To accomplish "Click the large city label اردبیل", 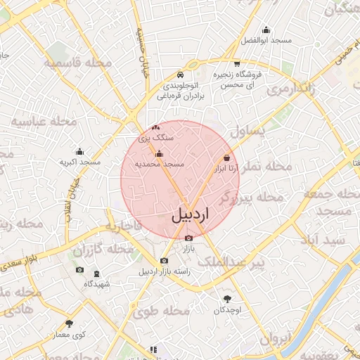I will click(x=190, y=215).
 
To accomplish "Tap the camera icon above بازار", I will click(x=188, y=238).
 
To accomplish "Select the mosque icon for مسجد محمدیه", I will click(x=159, y=153).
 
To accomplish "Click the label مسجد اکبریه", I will click(x=79, y=162).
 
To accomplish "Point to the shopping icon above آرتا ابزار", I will click(x=226, y=158).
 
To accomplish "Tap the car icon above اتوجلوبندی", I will click(x=181, y=75).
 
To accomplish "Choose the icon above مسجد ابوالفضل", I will click(x=266, y=30).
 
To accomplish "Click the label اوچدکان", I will click(x=227, y=310).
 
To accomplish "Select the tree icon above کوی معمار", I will click(x=69, y=323).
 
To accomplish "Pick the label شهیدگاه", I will click(x=97, y=284).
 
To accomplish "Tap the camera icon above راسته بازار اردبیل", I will click(x=164, y=261).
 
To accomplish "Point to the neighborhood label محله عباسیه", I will click(x=44, y=122).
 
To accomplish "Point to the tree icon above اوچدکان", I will click(x=227, y=298).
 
